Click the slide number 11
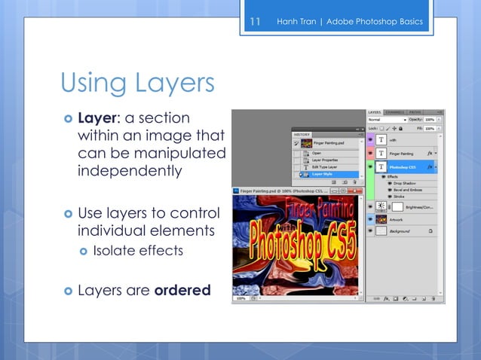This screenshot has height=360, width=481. (x=254, y=21)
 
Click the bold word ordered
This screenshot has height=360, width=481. (x=182, y=290)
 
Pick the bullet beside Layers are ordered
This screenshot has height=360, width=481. (x=67, y=290)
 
